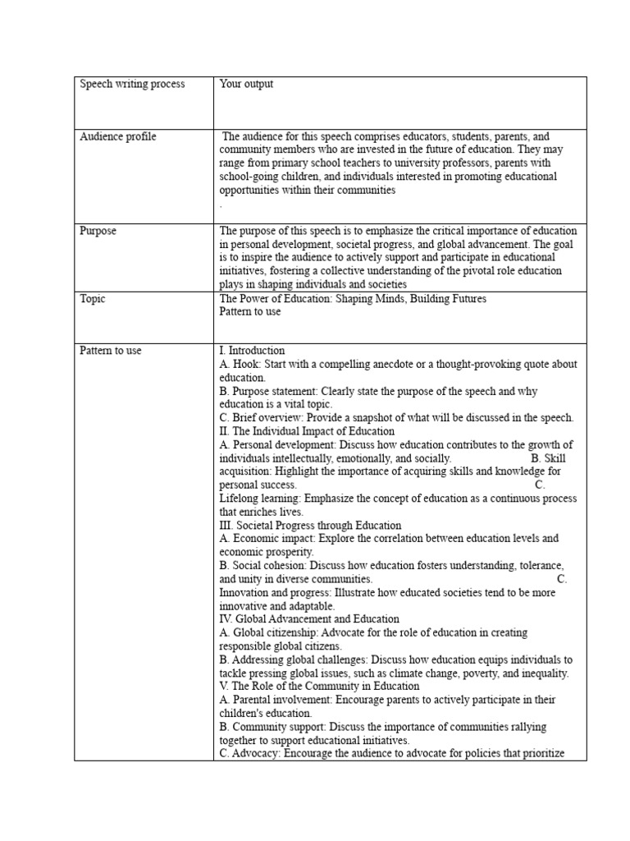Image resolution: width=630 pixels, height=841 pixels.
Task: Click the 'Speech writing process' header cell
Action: point(132,85)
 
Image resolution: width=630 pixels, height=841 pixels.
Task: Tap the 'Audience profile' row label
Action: point(117,137)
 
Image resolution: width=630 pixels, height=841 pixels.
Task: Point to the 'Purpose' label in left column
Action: point(98,232)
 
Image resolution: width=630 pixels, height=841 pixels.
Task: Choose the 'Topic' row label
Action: point(93,299)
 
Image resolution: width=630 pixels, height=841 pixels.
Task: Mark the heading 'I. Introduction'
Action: point(252,351)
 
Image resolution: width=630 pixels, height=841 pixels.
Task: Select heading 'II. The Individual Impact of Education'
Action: point(307,431)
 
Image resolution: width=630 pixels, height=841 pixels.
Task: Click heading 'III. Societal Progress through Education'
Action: point(310,526)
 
